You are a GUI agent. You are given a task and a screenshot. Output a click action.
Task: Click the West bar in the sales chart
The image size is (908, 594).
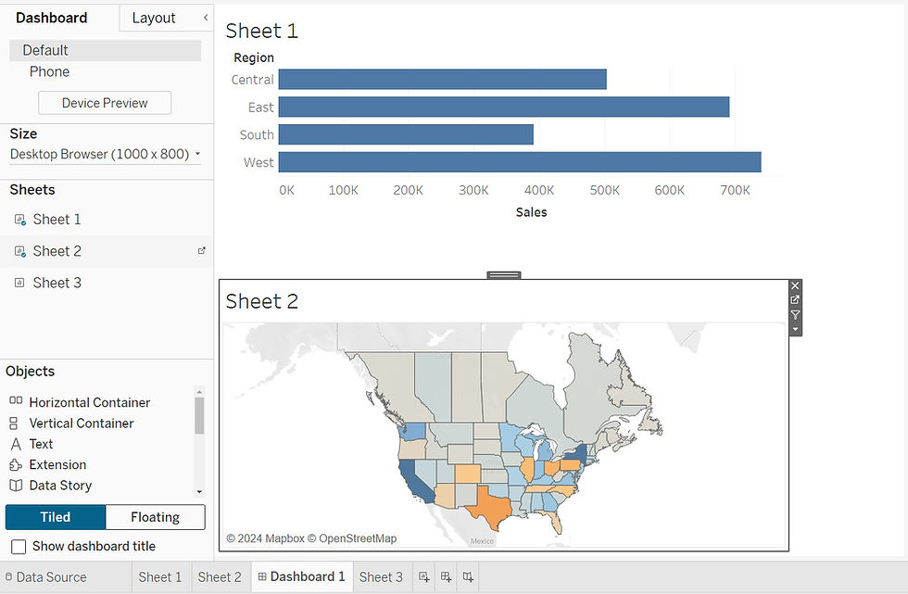coord(519,162)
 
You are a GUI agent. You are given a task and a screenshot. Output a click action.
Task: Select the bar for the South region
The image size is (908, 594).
coord(406,135)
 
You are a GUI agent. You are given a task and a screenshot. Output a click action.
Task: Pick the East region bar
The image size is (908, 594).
coord(503,107)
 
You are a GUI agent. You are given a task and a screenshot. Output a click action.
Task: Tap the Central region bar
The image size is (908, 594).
coord(442,80)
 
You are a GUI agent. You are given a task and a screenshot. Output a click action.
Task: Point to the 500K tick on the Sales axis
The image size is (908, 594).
coord(604,190)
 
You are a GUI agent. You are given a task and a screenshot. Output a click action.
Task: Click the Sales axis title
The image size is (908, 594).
coord(531,212)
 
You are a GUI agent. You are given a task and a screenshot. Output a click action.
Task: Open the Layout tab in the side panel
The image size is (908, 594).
coord(154,18)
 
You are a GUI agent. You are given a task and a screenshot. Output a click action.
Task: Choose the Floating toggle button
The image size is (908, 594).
coord(155,517)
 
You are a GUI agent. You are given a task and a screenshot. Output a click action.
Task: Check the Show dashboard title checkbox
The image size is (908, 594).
coord(19,547)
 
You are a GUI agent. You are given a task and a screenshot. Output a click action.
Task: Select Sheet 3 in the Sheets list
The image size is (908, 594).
coord(57,283)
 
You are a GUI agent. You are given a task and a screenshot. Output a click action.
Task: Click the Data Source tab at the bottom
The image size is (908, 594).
coord(51,576)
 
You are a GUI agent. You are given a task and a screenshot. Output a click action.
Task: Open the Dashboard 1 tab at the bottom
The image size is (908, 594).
coord(307,576)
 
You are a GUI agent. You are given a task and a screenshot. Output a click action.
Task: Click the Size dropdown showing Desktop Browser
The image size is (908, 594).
coord(105,154)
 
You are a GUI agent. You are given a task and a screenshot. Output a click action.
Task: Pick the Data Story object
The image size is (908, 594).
coord(60,486)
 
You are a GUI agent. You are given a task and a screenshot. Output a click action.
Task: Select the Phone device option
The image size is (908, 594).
coord(49,71)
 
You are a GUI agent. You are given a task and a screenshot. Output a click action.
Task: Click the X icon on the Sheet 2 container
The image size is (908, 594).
coord(795,285)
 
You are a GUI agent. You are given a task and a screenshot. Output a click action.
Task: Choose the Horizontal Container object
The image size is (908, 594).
coord(89,402)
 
